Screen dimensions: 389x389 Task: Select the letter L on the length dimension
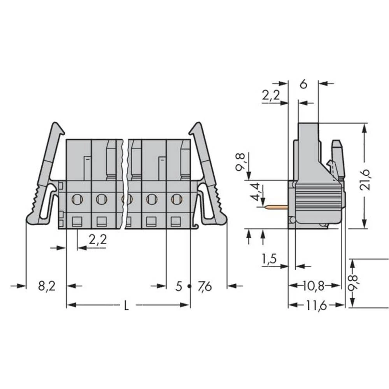tap(126, 306)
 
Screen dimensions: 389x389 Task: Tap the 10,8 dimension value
tap(314, 286)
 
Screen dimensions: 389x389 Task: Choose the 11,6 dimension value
tap(315, 306)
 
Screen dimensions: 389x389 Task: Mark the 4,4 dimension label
tap(255, 192)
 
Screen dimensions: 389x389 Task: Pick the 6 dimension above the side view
tap(304, 84)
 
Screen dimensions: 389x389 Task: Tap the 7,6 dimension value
tap(205, 287)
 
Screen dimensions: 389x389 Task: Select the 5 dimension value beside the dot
tap(179, 287)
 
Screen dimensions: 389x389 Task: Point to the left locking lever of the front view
tap(44, 175)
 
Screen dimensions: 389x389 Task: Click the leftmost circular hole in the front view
tap(77, 200)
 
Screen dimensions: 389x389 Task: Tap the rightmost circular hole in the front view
tap(177, 199)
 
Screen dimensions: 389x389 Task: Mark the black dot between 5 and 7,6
tap(189, 286)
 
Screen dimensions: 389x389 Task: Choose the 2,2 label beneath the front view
tap(98, 240)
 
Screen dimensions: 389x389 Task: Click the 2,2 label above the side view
tap(271, 96)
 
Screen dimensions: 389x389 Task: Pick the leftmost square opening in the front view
tap(77, 222)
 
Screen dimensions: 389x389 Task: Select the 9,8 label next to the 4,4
tap(241, 161)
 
